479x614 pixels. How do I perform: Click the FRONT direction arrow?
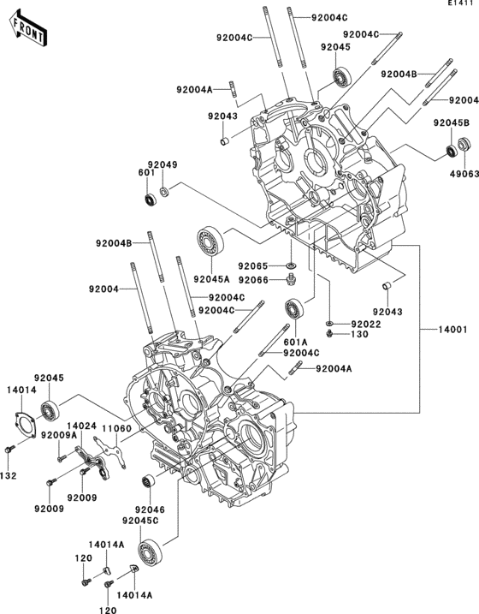(x=28, y=30)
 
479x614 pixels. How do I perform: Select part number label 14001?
(x=452, y=330)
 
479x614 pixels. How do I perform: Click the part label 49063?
(x=465, y=173)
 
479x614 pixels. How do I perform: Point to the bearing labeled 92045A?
(x=210, y=243)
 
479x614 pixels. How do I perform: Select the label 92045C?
(x=140, y=521)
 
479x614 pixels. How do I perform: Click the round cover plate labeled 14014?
(x=23, y=425)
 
